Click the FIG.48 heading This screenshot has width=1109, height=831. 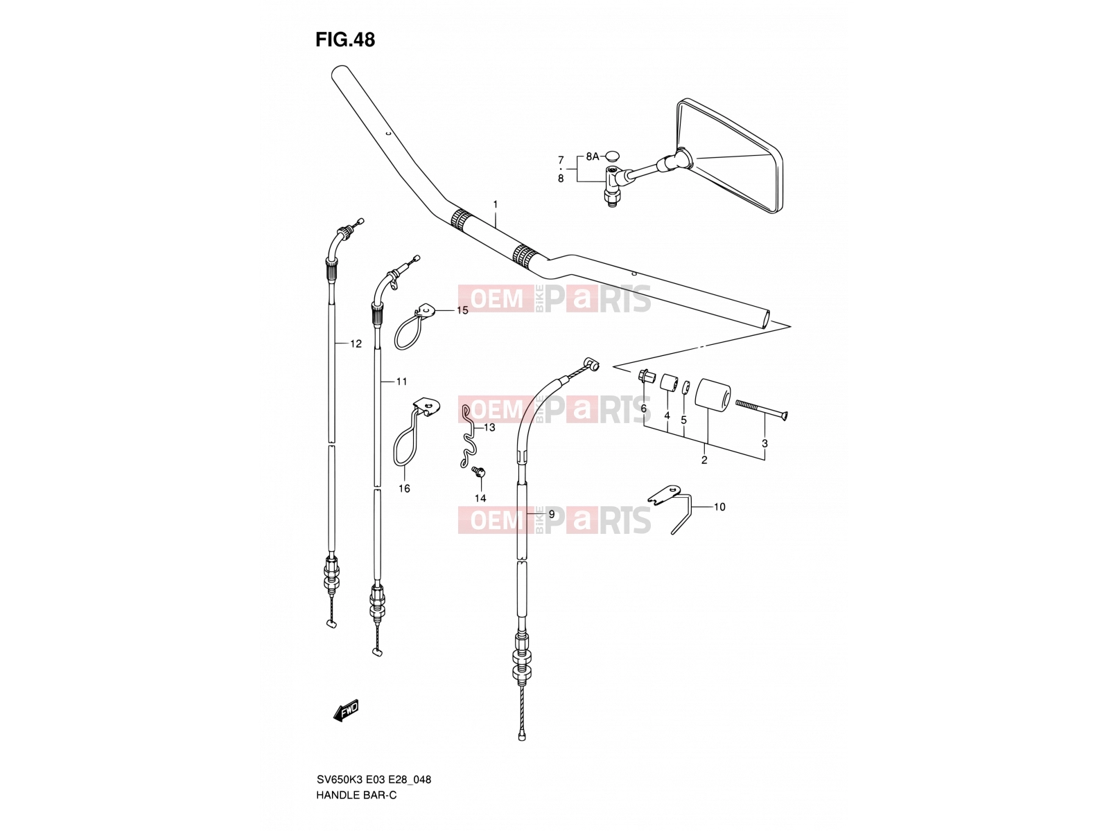[345, 39]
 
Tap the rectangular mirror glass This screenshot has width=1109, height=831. [729, 155]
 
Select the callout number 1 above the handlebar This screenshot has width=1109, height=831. [495, 204]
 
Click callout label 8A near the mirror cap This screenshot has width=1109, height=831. [592, 157]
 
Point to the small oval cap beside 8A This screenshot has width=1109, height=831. [612, 154]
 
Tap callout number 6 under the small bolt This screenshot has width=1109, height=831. [643, 408]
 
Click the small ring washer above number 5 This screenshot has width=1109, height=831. [685, 388]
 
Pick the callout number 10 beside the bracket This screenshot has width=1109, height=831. [719, 507]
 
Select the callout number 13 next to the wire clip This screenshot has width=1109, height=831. [489, 427]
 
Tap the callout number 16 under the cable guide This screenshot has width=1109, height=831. [404, 488]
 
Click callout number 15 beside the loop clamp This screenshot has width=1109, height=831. [462, 310]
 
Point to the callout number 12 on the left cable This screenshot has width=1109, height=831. [356, 343]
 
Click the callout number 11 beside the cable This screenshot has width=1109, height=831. [401, 382]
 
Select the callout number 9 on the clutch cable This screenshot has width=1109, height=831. [552, 514]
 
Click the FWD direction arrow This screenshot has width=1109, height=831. [346, 711]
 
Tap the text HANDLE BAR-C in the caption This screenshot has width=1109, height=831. [356, 796]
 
